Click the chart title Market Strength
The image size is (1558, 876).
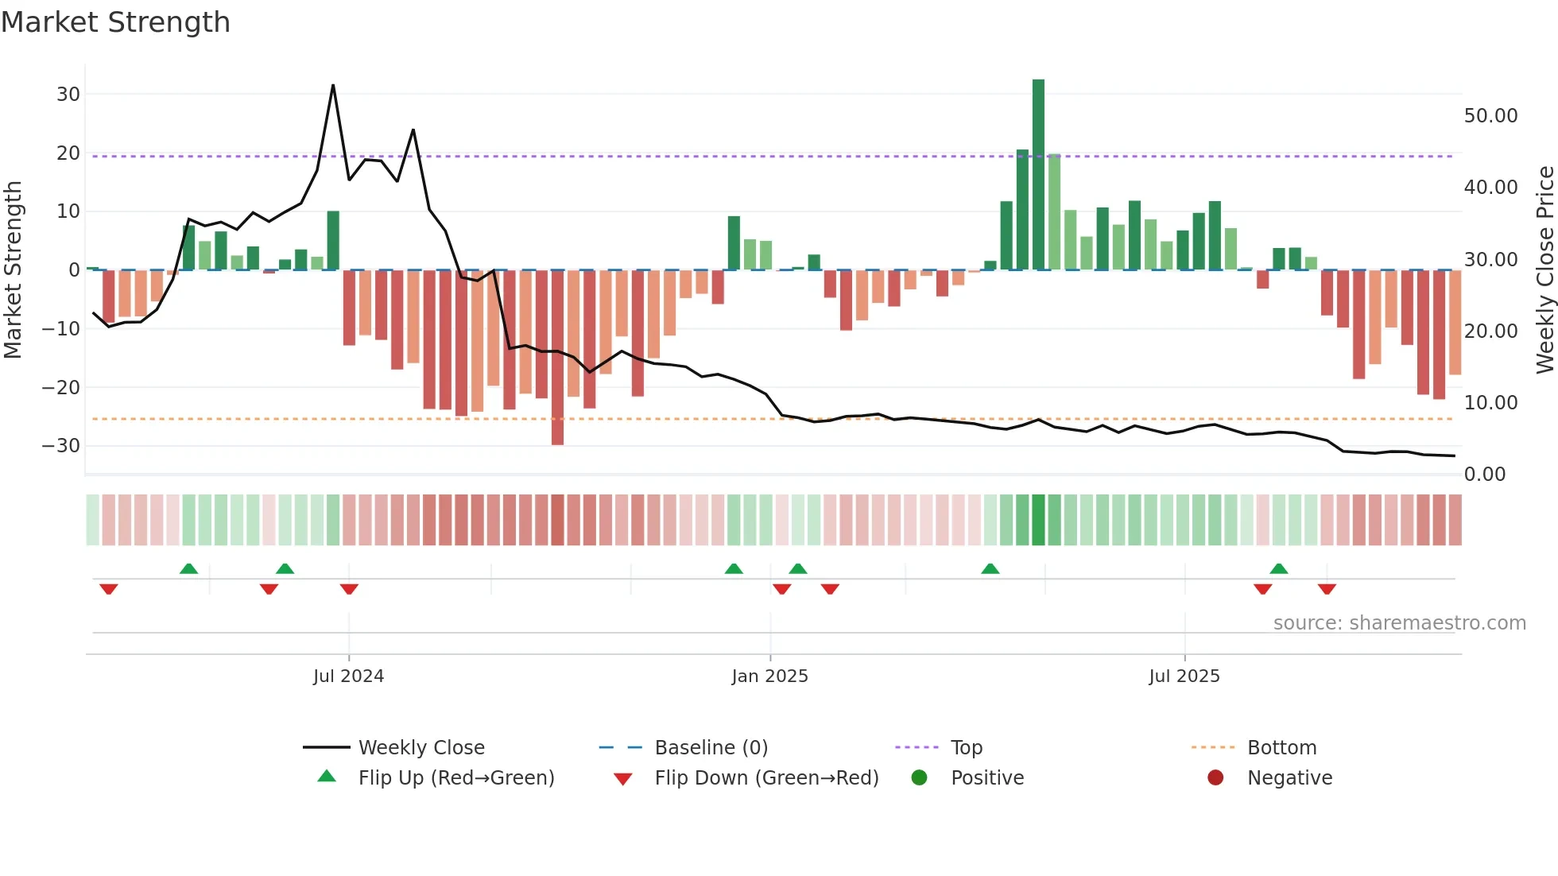pos(115,22)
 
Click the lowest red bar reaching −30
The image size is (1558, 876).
pos(557,358)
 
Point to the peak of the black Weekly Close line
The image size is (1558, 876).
pos(333,85)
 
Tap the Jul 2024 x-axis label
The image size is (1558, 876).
pos(348,676)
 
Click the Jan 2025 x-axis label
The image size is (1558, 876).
pos(769,676)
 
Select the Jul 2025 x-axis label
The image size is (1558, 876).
pos(1184,676)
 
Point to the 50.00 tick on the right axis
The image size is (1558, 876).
pos(1490,116)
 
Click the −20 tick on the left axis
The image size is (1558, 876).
pos(61,388)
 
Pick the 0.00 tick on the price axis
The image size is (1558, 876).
pos(1485,475)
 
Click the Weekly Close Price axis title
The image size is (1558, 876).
pos(1544,269)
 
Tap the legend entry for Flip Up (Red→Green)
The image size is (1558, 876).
pos(455,777)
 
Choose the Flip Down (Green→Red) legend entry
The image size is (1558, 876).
pos(765,777)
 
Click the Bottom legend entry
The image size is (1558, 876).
pos(1281,748)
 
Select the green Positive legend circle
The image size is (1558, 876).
pos(919,777)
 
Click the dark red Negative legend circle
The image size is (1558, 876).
pos(1215,777)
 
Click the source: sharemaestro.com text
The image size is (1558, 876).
pos(1399,623)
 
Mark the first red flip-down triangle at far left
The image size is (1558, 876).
pos(109,589)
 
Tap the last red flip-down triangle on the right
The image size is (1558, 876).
pos(1327,589)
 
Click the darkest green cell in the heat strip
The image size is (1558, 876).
pos(1038,520)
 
